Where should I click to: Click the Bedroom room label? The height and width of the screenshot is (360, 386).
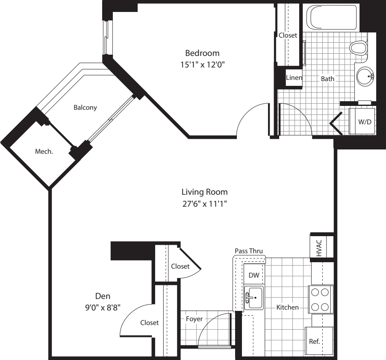pos(202,53)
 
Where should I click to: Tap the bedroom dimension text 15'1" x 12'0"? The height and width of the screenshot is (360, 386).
pos(202,65)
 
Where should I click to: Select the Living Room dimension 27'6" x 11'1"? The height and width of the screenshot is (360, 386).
pos(204,204)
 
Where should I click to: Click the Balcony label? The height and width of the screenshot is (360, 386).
pos(85,108)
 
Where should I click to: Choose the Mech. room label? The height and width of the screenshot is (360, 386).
pos(44,151)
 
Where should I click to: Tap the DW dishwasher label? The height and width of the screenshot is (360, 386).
pos(254,275)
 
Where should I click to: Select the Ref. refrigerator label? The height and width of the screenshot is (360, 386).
pos(314,342)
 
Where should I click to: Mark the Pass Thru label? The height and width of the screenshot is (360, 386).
pos(249,251)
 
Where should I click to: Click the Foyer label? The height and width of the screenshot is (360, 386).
pos(194,319)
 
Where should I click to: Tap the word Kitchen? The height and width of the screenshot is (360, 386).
pos(287,307)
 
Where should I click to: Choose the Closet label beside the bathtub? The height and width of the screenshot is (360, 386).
pos(287,35)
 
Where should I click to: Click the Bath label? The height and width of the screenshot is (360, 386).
pos(328,79)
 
